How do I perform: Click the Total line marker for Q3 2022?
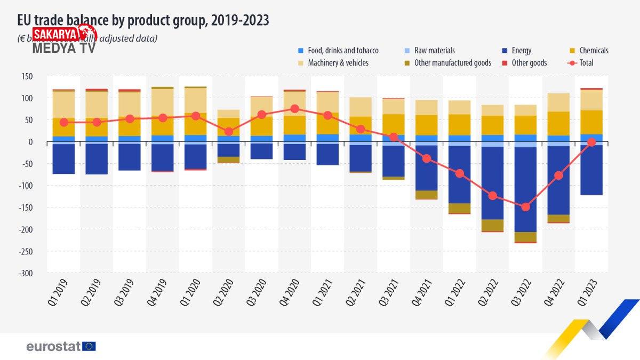coord(526,207)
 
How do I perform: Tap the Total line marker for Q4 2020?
coord(294,109)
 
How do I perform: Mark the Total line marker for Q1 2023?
coord(591,142)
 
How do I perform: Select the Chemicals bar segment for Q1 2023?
coord(591,122)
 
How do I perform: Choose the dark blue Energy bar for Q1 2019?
coord(64,159)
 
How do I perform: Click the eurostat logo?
coord(61,347)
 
